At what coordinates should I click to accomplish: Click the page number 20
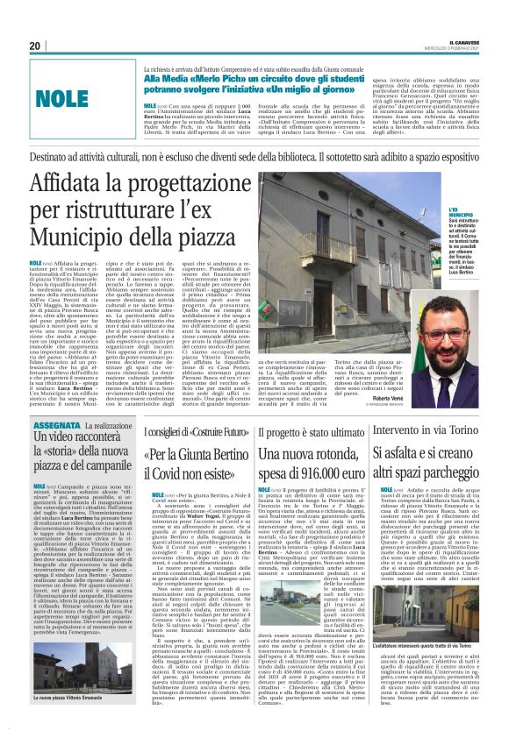click(x=35, y=46)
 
